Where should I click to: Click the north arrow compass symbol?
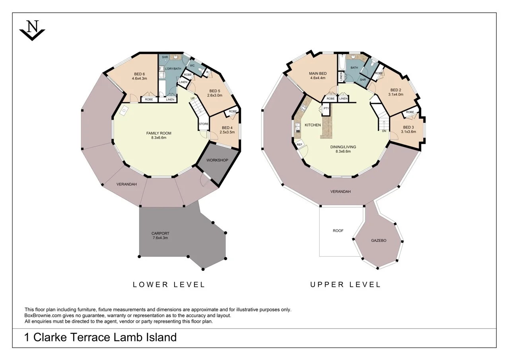click(x=32, y=30)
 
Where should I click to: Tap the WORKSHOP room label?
click(x=217, y=160)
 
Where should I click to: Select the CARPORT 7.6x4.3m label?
click(x=160, y=235)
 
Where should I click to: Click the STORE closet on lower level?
click(x=204, y=124)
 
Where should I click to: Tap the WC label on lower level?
click(x=192, y=66)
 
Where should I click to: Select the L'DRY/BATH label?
click(x=173, y=69)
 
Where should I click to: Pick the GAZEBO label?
click(x=379, y=241)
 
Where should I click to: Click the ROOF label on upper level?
click(x=338, y=231)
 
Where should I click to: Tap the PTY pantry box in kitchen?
click(x=326, y=108)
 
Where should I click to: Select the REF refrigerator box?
click(x=299, y=144)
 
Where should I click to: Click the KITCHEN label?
click(x=313, y=125)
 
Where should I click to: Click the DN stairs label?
click(x=384, y=131)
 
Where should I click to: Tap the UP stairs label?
click(x=193, y=98)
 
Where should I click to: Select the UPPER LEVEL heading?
click(x=345, y=284)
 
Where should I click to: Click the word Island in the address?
click(x=158, y=337)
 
